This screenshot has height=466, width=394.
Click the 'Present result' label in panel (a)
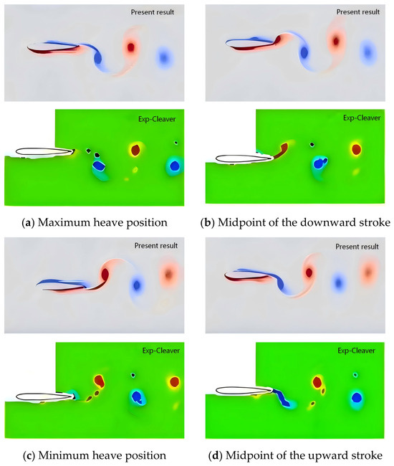153,12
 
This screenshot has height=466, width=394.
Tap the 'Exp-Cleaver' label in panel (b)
362,118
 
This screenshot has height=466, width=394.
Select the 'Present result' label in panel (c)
156,245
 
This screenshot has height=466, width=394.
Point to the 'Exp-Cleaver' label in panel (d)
356,351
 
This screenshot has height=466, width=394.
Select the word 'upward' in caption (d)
332,455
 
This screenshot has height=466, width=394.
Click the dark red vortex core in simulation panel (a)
131,47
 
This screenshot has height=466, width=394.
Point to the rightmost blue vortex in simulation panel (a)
163,57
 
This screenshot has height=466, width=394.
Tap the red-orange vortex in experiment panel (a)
135,150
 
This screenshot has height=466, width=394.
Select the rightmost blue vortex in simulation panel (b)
368,52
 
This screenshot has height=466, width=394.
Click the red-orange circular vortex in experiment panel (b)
356,150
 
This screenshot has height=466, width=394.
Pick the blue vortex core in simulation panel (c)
137,285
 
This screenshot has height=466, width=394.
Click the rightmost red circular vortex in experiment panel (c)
175,381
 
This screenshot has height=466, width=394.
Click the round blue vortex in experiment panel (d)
357,398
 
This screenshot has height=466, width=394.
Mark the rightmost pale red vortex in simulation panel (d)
368,272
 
